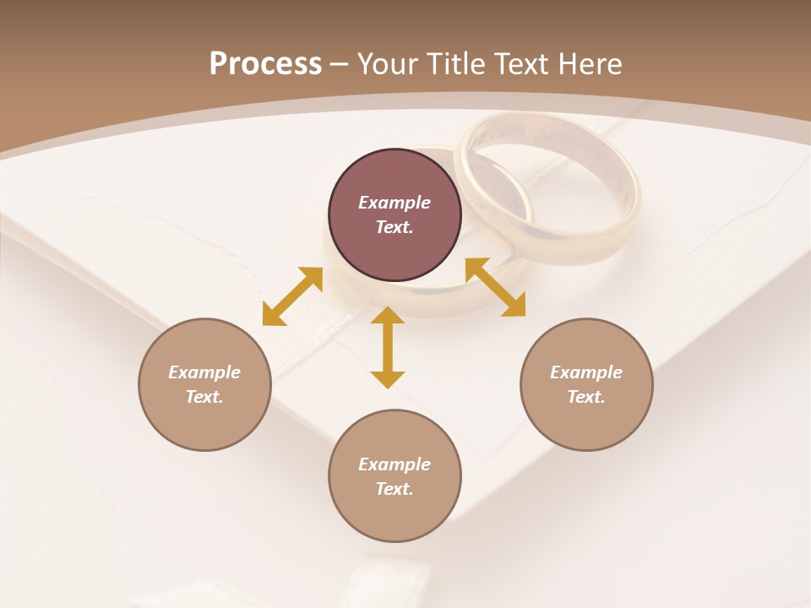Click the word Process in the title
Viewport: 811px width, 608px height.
tap(265, 63)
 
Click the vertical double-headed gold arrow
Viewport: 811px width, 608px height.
tap(388, 347)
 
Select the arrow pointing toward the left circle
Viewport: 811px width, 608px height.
tap(292, 296)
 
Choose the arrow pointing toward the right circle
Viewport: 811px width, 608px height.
tap(496, 287)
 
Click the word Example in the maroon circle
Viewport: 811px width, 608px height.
tap(395, 203)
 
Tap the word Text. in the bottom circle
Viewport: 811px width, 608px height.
tap(395, 489)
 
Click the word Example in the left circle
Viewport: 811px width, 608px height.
tap(204, 372)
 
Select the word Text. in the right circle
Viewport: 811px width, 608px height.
tap(586, 397)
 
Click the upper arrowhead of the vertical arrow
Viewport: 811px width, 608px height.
tap(388, 316)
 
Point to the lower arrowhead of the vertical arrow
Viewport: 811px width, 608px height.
tap(388, 379)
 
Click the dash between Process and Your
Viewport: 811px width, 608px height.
tap(340, 64)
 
